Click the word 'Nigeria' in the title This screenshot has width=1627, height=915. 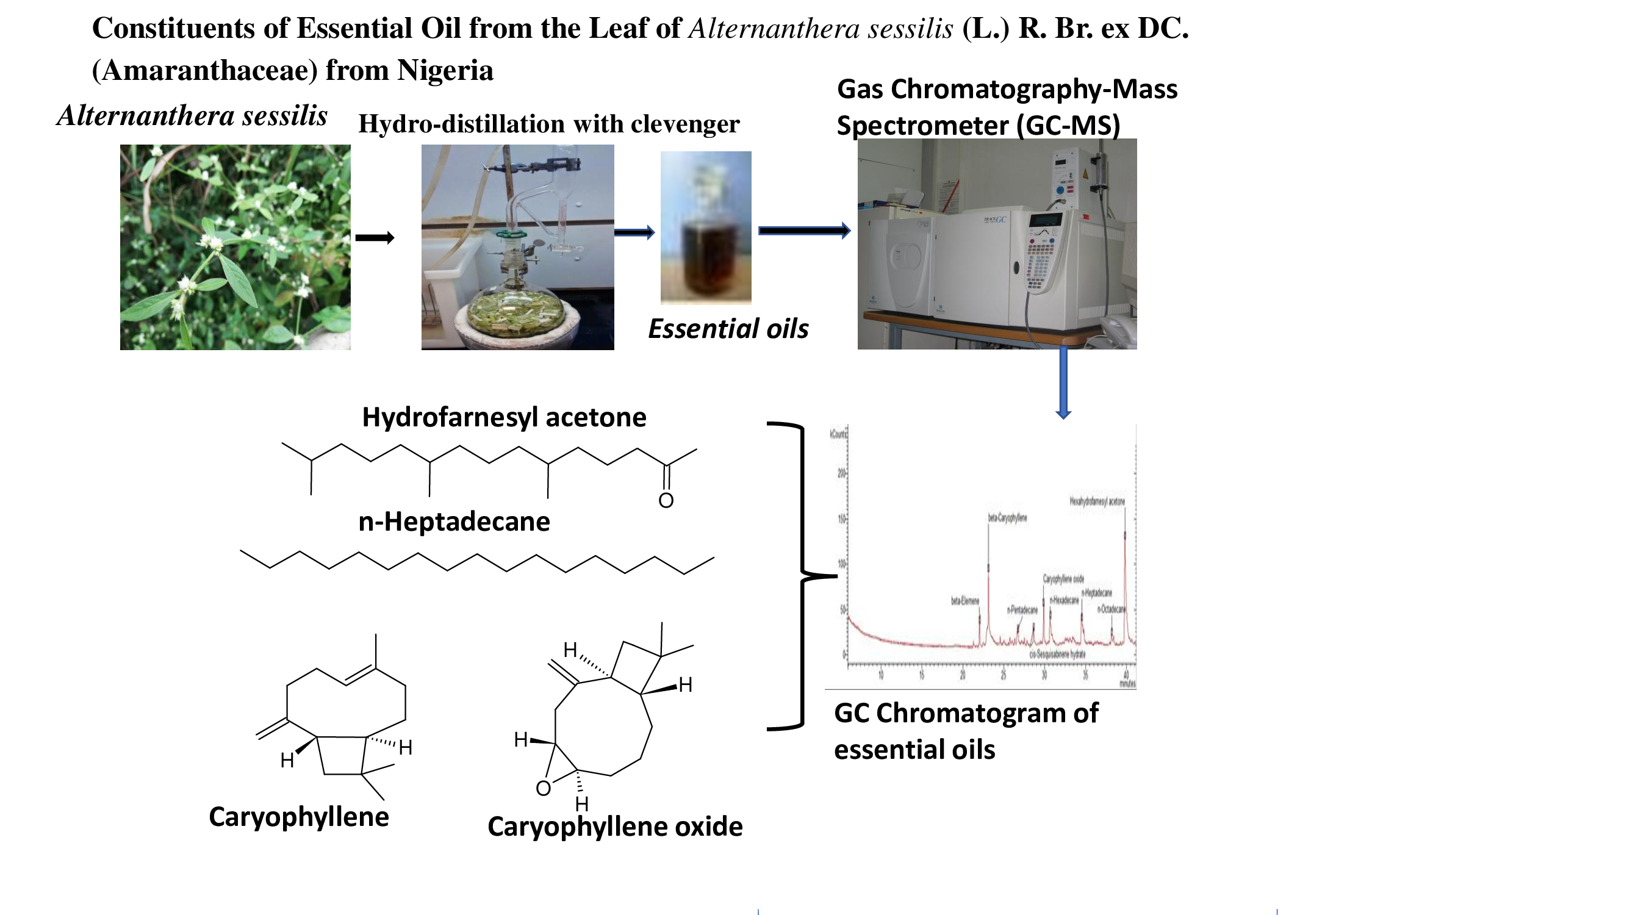tap(445, 70)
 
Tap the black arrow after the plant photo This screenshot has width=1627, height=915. tap(375, 238)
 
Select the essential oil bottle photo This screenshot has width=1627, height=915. tap(705, 228)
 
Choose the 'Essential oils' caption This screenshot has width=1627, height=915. tap(728, 329)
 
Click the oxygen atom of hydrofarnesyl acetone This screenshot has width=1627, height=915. tap(666, 501)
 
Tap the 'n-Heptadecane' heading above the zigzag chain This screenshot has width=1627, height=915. tap(453, 522)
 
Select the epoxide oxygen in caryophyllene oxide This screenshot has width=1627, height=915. tap(543, 788)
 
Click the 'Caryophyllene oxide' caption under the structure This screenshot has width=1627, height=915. tap(614, 827)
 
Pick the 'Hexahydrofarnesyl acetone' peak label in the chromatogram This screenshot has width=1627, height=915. tap(1096, 501)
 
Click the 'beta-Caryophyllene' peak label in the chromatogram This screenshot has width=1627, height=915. tap(1007, 518)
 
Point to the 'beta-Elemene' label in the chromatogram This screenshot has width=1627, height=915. tap(964, 601)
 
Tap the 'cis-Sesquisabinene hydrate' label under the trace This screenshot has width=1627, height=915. tap(1057, 655)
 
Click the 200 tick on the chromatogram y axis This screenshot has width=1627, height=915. tap(841, 473)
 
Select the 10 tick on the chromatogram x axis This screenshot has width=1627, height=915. tap(881, 675)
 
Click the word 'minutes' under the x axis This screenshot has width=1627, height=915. tap(1127, 684)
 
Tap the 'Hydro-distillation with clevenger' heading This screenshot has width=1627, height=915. tap(548, 124)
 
